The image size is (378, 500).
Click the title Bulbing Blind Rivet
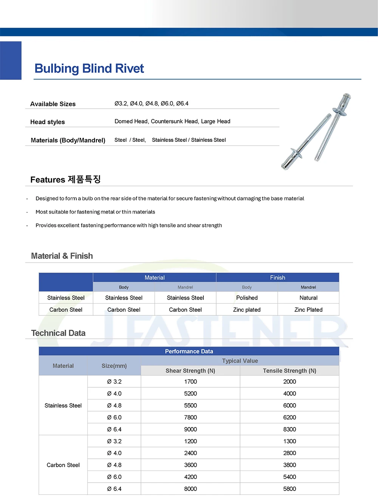coord(89,68)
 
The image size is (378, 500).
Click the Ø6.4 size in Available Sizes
coord(182,104)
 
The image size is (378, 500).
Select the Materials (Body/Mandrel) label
coord(68,140)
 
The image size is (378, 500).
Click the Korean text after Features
coord(84,179)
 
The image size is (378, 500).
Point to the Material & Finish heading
coord(62,256)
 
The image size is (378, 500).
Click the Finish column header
coord(277,278)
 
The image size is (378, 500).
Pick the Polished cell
coord(247,298)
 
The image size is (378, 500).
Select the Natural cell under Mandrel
coord(308,298)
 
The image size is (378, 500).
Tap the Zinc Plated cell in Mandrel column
coord(308,310)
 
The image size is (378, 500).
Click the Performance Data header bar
coord(189,351)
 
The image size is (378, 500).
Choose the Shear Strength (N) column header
coord(190,371)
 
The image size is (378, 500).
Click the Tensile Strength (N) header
coord(290,371)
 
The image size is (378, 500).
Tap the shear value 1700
coord(191,382)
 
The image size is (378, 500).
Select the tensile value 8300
coord(290,429)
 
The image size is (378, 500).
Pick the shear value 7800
coord(191,418)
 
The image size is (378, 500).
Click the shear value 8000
coord(191,489)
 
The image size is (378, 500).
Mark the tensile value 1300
coord(290,441)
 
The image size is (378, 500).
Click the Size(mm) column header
coord(114,366)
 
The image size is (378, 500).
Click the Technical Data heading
coord(58,333)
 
